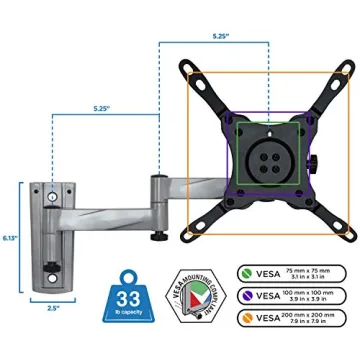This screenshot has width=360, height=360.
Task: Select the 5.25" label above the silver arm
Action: [x=104, y=104]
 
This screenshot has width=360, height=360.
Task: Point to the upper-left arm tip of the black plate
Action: [x=187, y=71]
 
